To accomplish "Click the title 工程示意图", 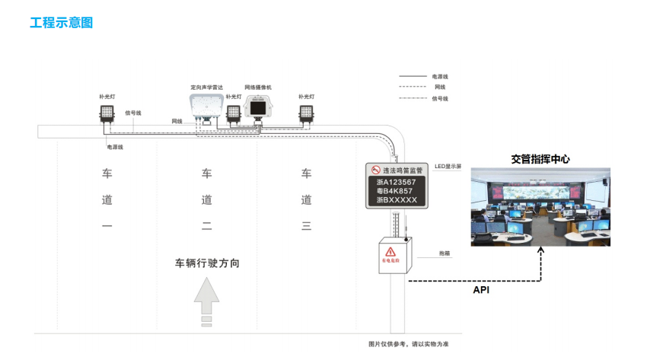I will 61,23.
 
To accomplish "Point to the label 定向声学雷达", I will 206,88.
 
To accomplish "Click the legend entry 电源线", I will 440,77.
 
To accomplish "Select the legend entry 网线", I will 440,88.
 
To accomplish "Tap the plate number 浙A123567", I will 396,183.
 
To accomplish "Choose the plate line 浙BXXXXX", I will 396,200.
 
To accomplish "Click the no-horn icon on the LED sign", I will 374,170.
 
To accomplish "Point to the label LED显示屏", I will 448,166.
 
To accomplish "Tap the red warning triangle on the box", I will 390,251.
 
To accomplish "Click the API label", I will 481,290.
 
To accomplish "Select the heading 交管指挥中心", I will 540,159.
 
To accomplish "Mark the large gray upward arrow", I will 206,301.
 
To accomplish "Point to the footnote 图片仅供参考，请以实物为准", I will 409,344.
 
